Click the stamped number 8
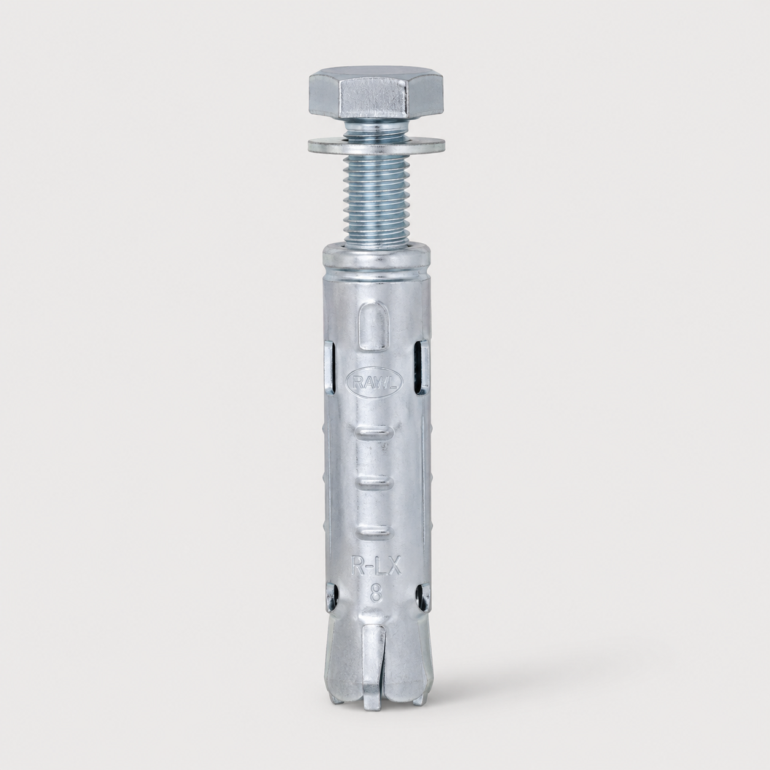[375, 595]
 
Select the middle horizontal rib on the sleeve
[374, 482]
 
